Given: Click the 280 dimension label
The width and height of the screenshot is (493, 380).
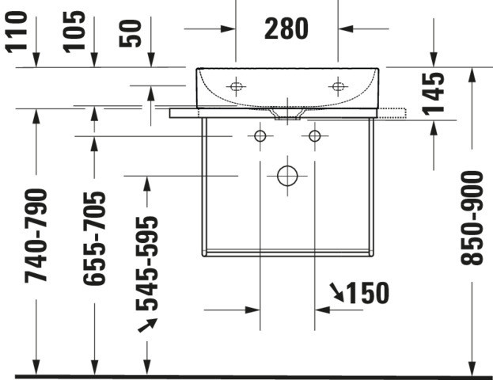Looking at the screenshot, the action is (x=286, y=28).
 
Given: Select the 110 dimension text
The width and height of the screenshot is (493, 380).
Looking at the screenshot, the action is (x=16, y=32).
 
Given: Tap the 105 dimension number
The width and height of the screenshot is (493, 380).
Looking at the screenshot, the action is (x=74, y=32).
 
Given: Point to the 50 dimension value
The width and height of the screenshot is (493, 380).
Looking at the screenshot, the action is (x=130, y=33).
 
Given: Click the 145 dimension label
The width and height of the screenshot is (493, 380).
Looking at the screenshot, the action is (x=433, y=93).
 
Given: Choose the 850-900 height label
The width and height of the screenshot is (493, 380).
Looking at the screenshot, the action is (x=472, y=218).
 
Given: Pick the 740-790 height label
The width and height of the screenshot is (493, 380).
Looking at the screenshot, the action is (x=36, y=236).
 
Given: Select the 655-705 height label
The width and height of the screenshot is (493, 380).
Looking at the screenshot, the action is (x=94, y=238).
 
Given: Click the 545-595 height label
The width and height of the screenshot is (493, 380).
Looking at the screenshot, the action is (x=147, y=264).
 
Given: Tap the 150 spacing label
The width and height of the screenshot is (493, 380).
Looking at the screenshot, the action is (x=367, y=293).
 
